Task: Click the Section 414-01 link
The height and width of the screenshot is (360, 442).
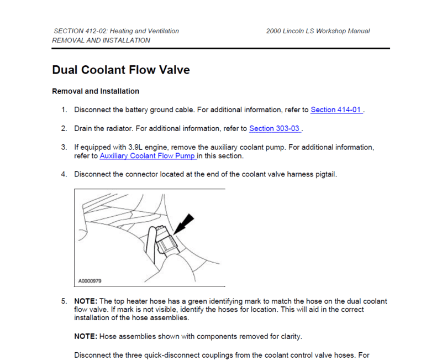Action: [336, 109]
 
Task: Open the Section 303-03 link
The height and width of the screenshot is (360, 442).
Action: [274, 128]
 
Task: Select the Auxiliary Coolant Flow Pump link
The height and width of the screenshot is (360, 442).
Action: [147, 156]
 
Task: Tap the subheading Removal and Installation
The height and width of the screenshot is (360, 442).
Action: [95, 91]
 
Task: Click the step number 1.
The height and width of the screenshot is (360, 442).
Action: [64, 109]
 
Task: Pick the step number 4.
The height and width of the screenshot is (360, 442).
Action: [64, 174]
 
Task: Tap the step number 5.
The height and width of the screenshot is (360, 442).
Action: [64, 301]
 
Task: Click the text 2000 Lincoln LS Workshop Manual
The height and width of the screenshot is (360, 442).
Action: [318, 31]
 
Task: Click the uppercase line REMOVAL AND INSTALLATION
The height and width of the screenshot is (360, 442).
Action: [101, 40]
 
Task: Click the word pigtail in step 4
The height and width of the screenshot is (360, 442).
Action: [324, 174]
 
